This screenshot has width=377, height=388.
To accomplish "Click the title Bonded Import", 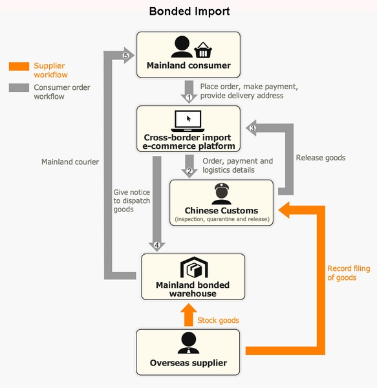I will point(189,11).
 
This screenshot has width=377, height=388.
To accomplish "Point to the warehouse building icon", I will point(193,268).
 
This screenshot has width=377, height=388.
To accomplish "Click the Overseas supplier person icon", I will point(188,343).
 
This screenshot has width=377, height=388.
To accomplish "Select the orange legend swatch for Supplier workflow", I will point(18,66).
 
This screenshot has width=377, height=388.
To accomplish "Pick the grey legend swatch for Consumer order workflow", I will point(18,87).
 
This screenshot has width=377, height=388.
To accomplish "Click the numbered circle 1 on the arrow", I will point(189,98).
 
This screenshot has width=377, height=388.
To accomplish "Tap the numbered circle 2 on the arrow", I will point(189,172).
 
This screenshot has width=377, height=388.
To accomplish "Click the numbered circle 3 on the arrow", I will point(253,128).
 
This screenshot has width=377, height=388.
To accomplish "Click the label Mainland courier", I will point(70,162).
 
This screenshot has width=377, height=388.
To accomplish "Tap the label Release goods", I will point(320,158).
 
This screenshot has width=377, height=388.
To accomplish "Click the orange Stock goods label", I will point(218,320).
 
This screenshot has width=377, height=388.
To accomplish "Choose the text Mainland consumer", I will point(188,66).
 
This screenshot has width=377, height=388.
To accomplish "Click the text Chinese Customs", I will point(221,211).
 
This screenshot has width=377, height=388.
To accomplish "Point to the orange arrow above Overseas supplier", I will point(188,315).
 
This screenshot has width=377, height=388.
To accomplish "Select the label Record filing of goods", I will point(349,273).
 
